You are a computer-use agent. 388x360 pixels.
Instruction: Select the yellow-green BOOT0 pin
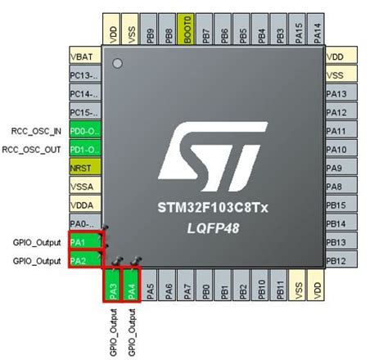coord(187,30)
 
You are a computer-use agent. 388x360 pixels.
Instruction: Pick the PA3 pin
coord(113,287)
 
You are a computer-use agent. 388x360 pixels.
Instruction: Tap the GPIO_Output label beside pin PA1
coord(37,242)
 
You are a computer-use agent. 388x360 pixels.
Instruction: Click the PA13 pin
coord(341,94)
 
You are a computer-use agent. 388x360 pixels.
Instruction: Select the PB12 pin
coord(341,260)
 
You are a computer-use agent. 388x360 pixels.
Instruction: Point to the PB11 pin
coord(280,287)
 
